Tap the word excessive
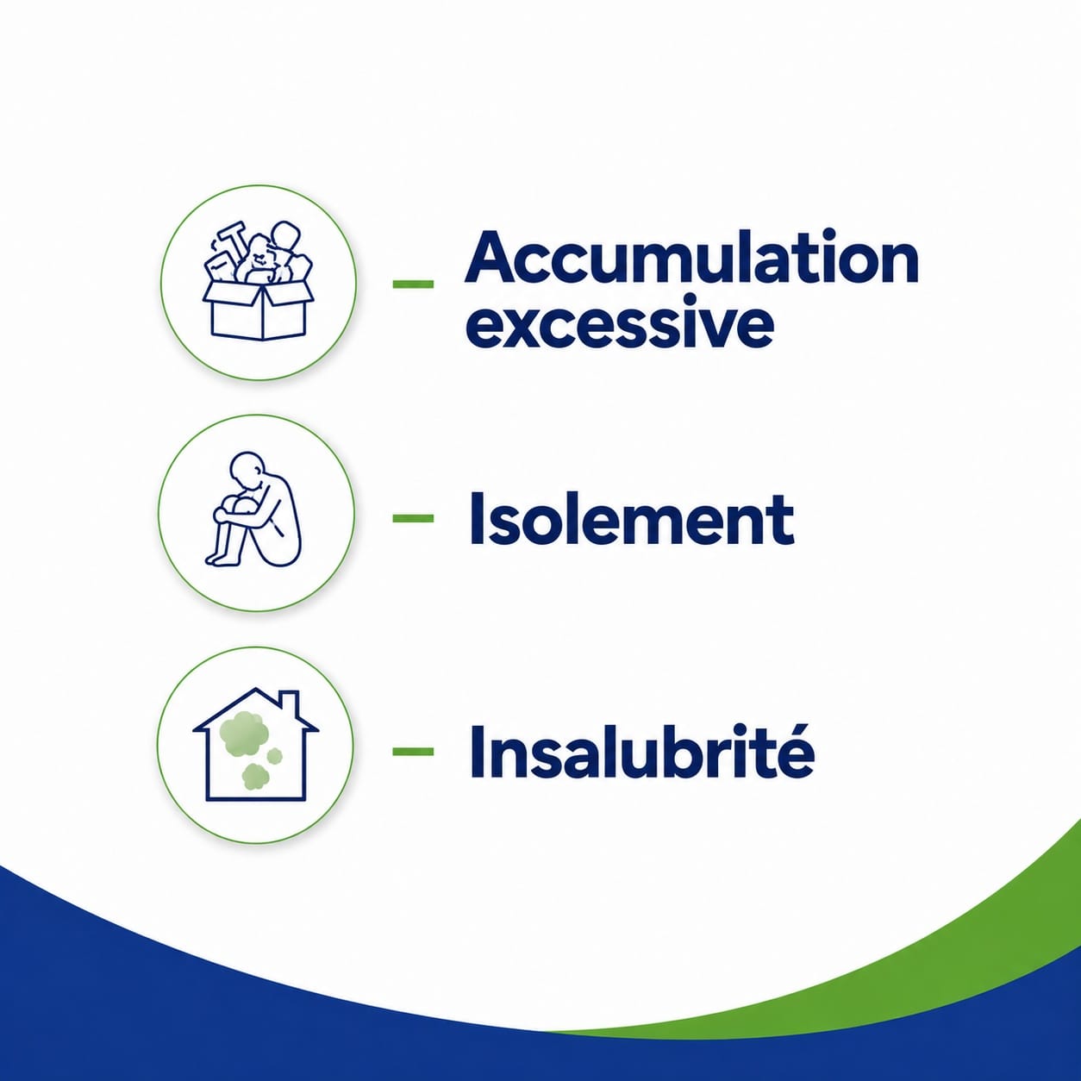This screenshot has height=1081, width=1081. click(x=619, y=322)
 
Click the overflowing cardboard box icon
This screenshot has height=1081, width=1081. click(x=259, y=280)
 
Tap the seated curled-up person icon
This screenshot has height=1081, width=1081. click(x=253, y=509)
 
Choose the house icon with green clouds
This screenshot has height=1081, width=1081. click(x=256, y=743)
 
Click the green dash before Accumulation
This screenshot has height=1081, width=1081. click(x=413, y=284)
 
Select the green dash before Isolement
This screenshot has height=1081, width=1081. click(x=413, y=518)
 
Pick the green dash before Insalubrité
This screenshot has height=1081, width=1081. click(x=413, y=751)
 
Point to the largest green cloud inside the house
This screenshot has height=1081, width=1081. click(x=243, y=732)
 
